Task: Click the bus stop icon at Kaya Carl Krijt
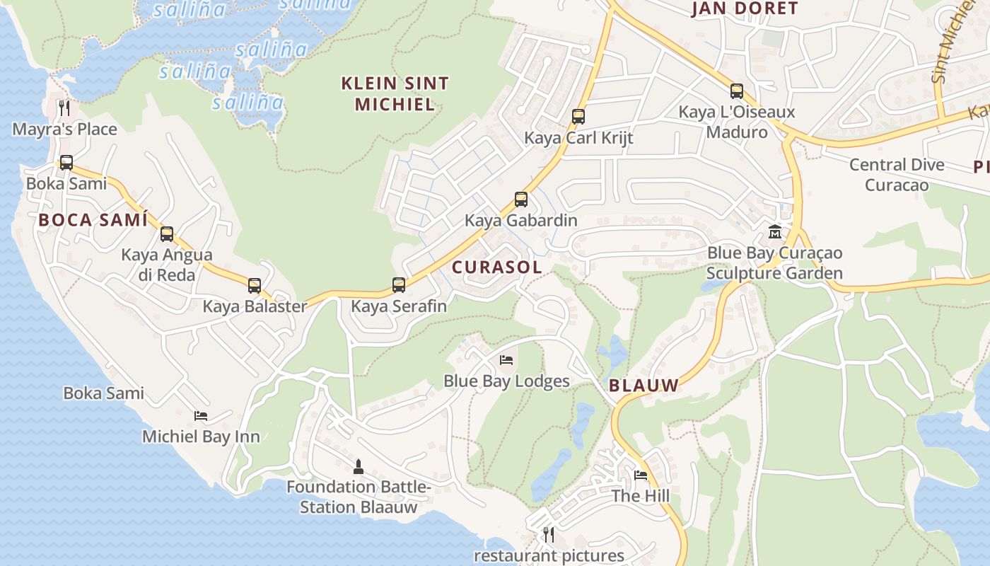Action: click(578, 117)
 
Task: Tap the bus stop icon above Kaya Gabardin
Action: click(521, 200)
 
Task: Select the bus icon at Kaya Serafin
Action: click(399, 285)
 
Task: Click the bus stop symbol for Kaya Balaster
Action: click(255, 286)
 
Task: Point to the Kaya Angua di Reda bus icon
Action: click(167, 234)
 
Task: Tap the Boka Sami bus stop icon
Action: click(66, 163)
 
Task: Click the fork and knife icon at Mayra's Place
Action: click(64, 108)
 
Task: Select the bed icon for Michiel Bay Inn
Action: click(201, 416)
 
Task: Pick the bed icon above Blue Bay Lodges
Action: click(506, 360)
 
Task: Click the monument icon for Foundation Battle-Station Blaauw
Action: click(359, 466)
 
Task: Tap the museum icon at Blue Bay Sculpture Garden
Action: click(775, 232)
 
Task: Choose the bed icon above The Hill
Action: click(641, 475)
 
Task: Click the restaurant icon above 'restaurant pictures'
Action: click(549, 535)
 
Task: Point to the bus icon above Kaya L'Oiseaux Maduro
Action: click(737, 91)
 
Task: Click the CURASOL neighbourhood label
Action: click(497, 267)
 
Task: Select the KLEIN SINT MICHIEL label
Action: click(395, 94)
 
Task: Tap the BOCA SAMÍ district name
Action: click(93, 220)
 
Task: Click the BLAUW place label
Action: click(643, 386)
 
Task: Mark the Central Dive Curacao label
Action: click(897, 175)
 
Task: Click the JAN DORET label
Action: click(745, 8)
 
